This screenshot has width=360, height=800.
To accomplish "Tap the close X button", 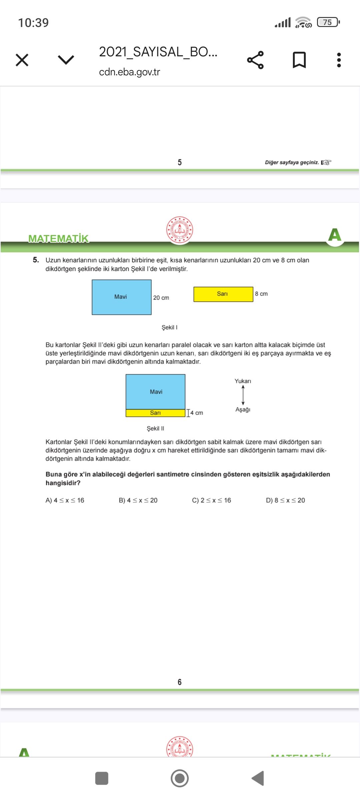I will click(22, 60).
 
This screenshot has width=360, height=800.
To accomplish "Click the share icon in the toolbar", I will click(255, 60).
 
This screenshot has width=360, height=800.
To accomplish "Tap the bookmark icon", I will click(299, 60).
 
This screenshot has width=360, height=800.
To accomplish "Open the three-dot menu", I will click(339, 60).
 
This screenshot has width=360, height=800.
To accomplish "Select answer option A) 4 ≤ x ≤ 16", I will click(65, 500).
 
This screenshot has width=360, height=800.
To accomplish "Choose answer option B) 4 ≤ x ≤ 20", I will click(138, 500).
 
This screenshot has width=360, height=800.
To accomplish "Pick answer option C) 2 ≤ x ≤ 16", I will click(212, 500).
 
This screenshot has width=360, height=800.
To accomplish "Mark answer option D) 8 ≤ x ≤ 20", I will click(286, 500).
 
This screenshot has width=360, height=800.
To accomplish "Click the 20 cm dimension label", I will click(161, 298).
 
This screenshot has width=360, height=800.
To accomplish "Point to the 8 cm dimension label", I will click(261, 294).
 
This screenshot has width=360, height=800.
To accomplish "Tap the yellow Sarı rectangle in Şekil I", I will click(223, 294).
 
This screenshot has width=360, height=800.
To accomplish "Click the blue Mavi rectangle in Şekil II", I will click(155, 392).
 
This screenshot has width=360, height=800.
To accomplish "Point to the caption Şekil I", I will click(169, 327).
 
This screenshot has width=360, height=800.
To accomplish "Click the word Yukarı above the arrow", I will click(243, 381).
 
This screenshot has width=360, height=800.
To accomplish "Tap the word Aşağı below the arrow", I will click(243, 409).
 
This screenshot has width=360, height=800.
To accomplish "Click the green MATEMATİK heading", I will click(59, 239).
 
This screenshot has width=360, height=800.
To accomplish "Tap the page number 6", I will click(180, 682).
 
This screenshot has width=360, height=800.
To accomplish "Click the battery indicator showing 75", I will click(328, 22).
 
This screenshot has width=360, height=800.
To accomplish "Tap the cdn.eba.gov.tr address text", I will click(130, 72).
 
